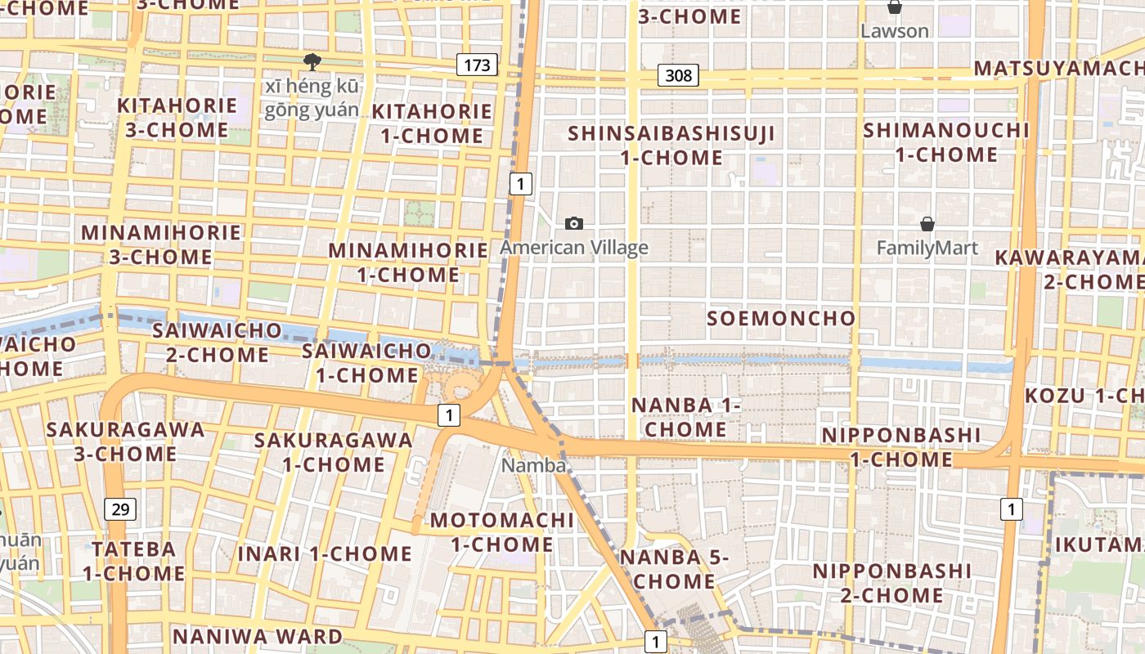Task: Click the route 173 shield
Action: click(477, 65)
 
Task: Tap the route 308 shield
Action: click(678, 76)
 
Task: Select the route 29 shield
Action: click(120, 509)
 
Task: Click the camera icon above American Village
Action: click(574, 223)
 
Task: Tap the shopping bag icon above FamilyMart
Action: click(927, 224)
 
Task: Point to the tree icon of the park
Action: click(311, 60)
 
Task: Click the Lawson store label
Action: click(895, 31)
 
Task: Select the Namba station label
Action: click(534, 465)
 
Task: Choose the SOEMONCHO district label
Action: click(781, 318)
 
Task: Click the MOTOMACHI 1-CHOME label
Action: click(502, 532)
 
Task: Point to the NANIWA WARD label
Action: click(258, 636)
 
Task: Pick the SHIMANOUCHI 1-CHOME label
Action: click(946, 142)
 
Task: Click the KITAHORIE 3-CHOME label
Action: click(177, 118)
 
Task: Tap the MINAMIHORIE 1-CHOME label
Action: click(409, 262)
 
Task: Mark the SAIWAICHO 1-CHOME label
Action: click(366, 363)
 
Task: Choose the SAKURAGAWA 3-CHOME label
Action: click(125, 441)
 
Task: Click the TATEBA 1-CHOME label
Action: click(133, 560)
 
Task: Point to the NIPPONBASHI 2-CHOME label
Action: click(892, 583)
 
